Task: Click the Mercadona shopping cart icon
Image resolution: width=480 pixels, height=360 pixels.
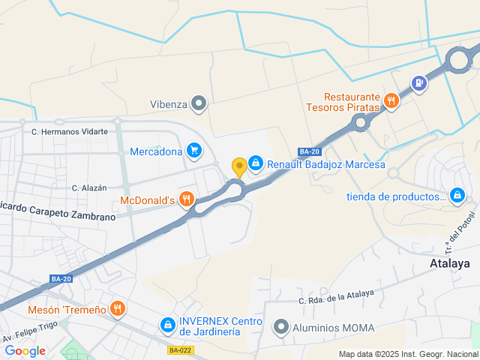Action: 194,151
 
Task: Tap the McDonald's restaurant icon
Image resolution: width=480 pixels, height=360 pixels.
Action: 187,199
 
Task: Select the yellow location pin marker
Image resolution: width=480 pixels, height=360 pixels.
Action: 239,166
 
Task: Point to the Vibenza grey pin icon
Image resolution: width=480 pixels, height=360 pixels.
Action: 199,103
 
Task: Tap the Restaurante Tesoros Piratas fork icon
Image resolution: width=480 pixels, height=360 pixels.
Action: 390,101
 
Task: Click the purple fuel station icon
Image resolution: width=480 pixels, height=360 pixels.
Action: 418,83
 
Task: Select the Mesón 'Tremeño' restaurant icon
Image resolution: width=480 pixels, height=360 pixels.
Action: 117,308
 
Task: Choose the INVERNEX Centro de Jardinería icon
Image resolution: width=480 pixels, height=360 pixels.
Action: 167,325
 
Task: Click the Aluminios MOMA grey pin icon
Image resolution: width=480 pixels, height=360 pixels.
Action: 281,327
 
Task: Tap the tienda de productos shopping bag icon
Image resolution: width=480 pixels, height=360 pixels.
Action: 458,196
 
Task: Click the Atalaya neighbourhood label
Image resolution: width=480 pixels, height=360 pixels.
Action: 450,263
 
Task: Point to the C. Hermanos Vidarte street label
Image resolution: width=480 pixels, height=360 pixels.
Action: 69,131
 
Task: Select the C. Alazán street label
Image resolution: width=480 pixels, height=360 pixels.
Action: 89,187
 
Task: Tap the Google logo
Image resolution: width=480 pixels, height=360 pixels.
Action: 25,350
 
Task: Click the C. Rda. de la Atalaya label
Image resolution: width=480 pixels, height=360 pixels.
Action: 335,298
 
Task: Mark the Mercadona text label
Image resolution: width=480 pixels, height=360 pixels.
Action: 156,151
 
